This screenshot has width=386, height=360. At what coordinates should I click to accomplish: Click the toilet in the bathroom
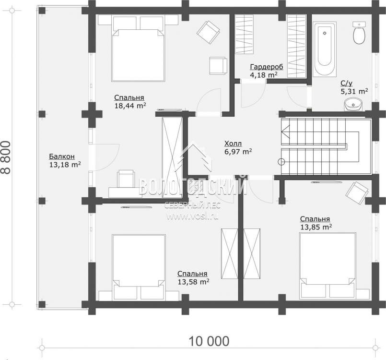point(359,33)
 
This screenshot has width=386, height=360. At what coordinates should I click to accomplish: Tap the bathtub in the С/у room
point(324,49)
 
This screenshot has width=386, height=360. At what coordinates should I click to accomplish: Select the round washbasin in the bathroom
point(353,105)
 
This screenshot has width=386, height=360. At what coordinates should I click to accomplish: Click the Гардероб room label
point(267,67)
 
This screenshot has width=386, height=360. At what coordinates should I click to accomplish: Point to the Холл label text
point(233,144)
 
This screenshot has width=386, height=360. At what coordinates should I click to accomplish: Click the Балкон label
point(62,156)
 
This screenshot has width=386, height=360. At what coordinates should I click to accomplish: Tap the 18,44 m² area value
point(130,106)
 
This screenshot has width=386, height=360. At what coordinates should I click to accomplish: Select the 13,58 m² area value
point(194,282)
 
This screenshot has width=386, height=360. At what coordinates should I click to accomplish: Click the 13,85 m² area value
point(316,227)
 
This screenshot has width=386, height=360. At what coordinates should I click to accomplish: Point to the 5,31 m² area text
point(354,91)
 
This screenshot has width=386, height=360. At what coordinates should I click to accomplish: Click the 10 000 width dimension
point(209,341)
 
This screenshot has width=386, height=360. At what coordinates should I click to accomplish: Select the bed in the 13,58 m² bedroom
point(139,267)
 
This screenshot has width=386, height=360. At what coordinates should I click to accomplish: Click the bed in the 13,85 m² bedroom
point(328,266)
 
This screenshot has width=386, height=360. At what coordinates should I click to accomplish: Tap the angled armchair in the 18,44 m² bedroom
point(208,32)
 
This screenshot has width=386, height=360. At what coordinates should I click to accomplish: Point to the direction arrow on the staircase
point(286,131)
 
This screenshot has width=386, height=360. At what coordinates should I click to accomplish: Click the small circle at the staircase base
point(281,162)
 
